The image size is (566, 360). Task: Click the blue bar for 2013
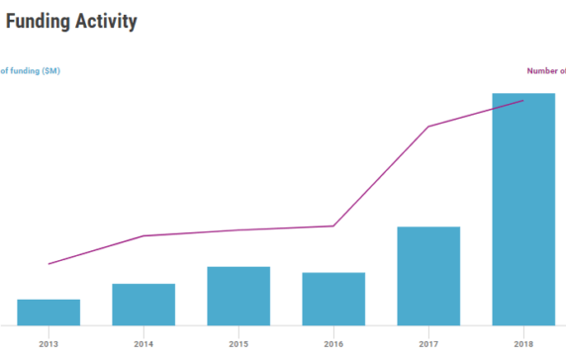[48, 312]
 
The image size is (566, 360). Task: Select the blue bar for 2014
[143, 305]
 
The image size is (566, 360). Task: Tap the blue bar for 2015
[238, 296]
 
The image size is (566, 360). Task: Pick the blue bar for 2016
[333, 299]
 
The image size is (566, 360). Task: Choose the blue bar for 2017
[428, 276]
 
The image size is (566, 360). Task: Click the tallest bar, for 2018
[523, 210]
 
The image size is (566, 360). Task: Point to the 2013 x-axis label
[48, 344]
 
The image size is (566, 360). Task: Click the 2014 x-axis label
[143, 344]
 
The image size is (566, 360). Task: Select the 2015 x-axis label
[238, 344]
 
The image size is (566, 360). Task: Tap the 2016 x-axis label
[333, 344]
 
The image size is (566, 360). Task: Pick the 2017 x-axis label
[428, 344]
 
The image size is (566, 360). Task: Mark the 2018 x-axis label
[523, 344]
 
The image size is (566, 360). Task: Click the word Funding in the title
[42, 21]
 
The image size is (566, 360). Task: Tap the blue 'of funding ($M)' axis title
[30, 70]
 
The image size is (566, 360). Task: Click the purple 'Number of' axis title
[545, 70]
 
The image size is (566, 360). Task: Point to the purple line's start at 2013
[48, 264]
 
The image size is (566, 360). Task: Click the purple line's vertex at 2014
[143, 235]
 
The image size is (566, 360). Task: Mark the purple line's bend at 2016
[333, 225]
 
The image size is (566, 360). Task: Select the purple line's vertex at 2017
[428, 127]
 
